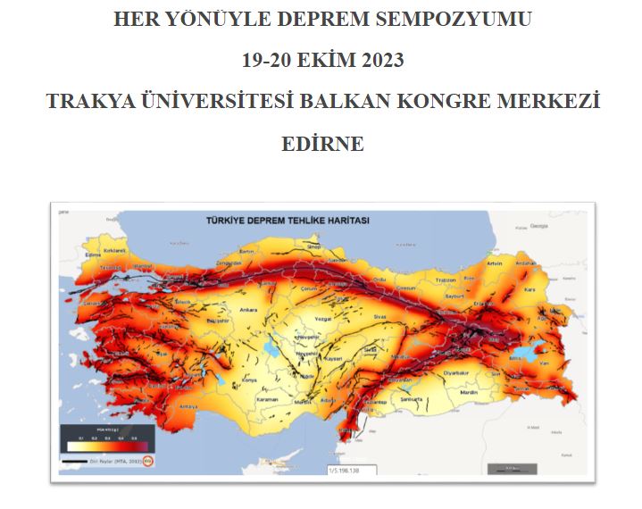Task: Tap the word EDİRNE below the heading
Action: [322, 143]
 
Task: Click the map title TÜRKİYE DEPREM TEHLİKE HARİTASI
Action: [288, 220]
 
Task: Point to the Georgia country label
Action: [538, 226]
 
